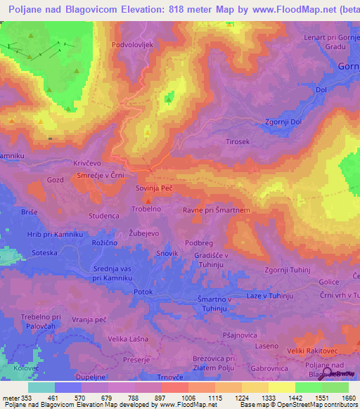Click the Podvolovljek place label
[132, 44]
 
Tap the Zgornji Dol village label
[283, 121]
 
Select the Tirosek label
[238, 141]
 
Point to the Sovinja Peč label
[154, 189]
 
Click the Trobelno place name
[147, 209]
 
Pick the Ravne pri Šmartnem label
[217, 209]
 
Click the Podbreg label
[198, 242]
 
